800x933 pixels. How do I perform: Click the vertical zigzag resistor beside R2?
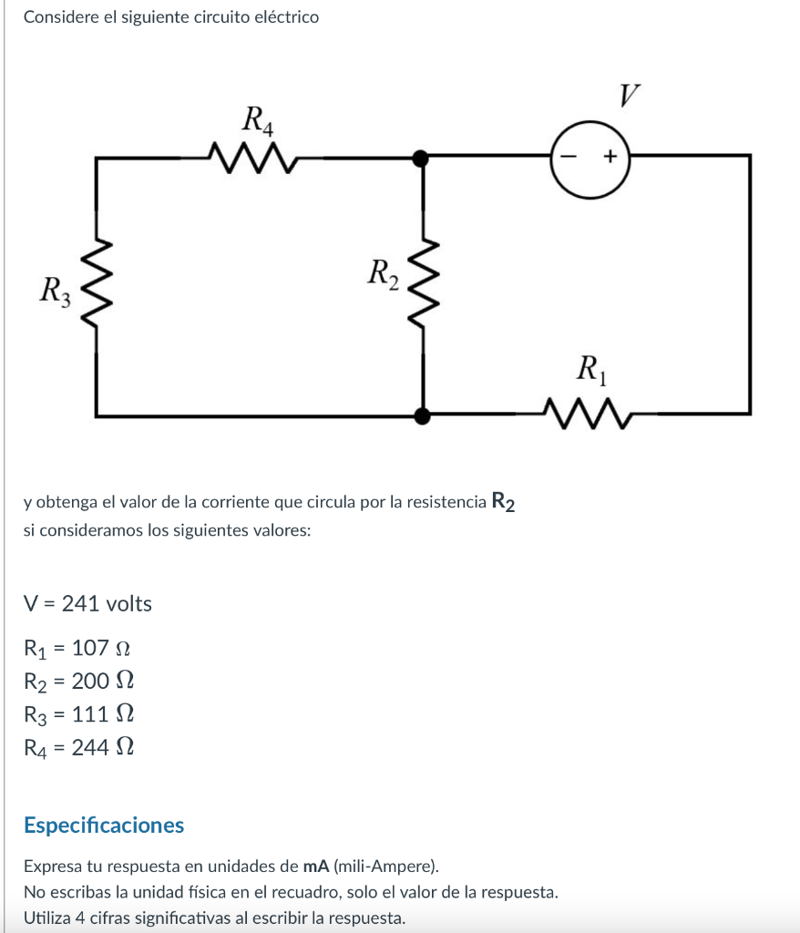422,285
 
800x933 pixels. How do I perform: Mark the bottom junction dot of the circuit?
421,416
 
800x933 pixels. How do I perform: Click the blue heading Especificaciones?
104,825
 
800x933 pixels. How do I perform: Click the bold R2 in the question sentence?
503,502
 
